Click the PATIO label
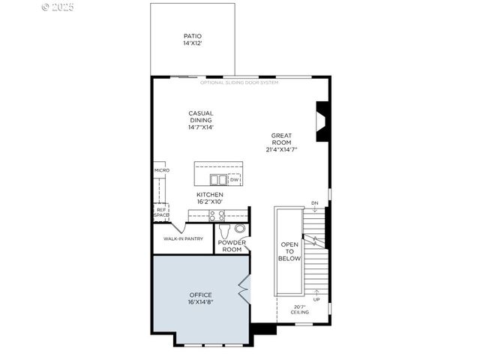(193, 36)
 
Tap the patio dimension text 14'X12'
(193, 44)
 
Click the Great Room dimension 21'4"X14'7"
(281, 149)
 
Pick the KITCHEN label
(210, 195)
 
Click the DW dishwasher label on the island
(234, 180)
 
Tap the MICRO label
(162, 170)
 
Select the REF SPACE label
(161, 212)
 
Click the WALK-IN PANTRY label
(184, 239)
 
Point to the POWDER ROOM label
(232, 246)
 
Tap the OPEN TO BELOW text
(289, 251)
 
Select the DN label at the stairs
(314, 203)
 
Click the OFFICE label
(201, 295)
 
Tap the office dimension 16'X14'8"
(201, 302)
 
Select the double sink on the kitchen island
(218, 180)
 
